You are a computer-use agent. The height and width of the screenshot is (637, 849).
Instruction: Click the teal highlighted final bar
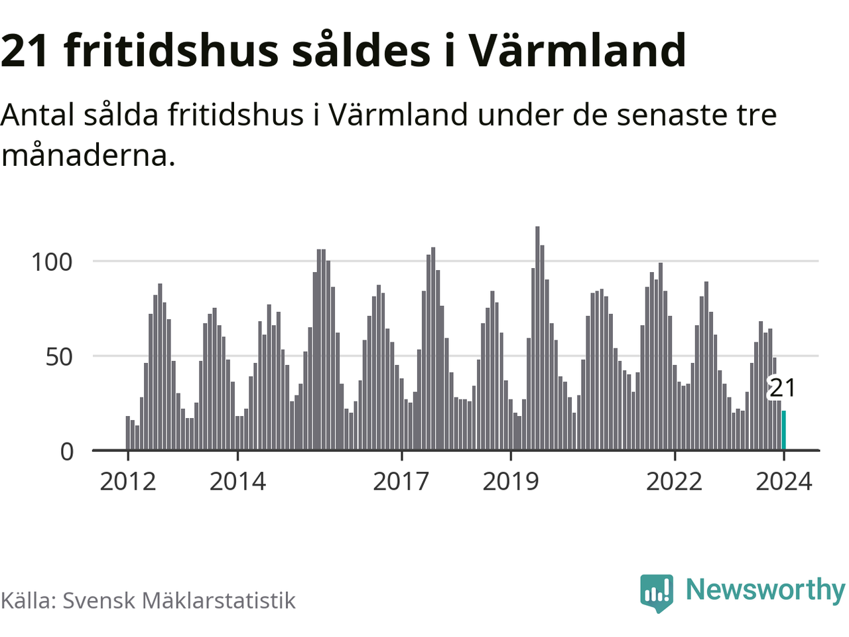784,431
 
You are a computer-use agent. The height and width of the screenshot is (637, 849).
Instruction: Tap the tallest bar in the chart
537,338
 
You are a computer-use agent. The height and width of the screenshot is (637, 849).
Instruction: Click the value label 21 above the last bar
782,388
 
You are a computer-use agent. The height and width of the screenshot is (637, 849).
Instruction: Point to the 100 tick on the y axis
52,261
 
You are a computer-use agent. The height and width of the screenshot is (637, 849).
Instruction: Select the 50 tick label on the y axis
59,356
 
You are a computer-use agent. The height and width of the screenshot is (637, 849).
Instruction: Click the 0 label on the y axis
67,452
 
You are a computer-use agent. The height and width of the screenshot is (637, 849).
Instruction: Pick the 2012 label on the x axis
128,481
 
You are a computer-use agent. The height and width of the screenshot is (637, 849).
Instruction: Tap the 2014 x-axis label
237,481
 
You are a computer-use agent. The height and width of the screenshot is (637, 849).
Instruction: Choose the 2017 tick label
401,481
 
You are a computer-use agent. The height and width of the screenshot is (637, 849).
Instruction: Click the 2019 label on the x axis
511,481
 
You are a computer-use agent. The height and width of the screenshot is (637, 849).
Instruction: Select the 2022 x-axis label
674,481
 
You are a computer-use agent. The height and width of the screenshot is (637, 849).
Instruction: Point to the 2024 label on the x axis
784,481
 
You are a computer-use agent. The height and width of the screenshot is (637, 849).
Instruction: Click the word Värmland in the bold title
577,50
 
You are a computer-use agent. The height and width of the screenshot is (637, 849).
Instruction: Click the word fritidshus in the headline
172,50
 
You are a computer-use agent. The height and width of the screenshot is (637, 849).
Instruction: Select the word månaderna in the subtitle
88,155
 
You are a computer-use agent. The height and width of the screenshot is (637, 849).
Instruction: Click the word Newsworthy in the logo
765,589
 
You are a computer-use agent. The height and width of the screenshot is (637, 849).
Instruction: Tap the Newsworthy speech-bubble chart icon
656,592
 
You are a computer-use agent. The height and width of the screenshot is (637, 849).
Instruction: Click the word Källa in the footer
27,601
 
